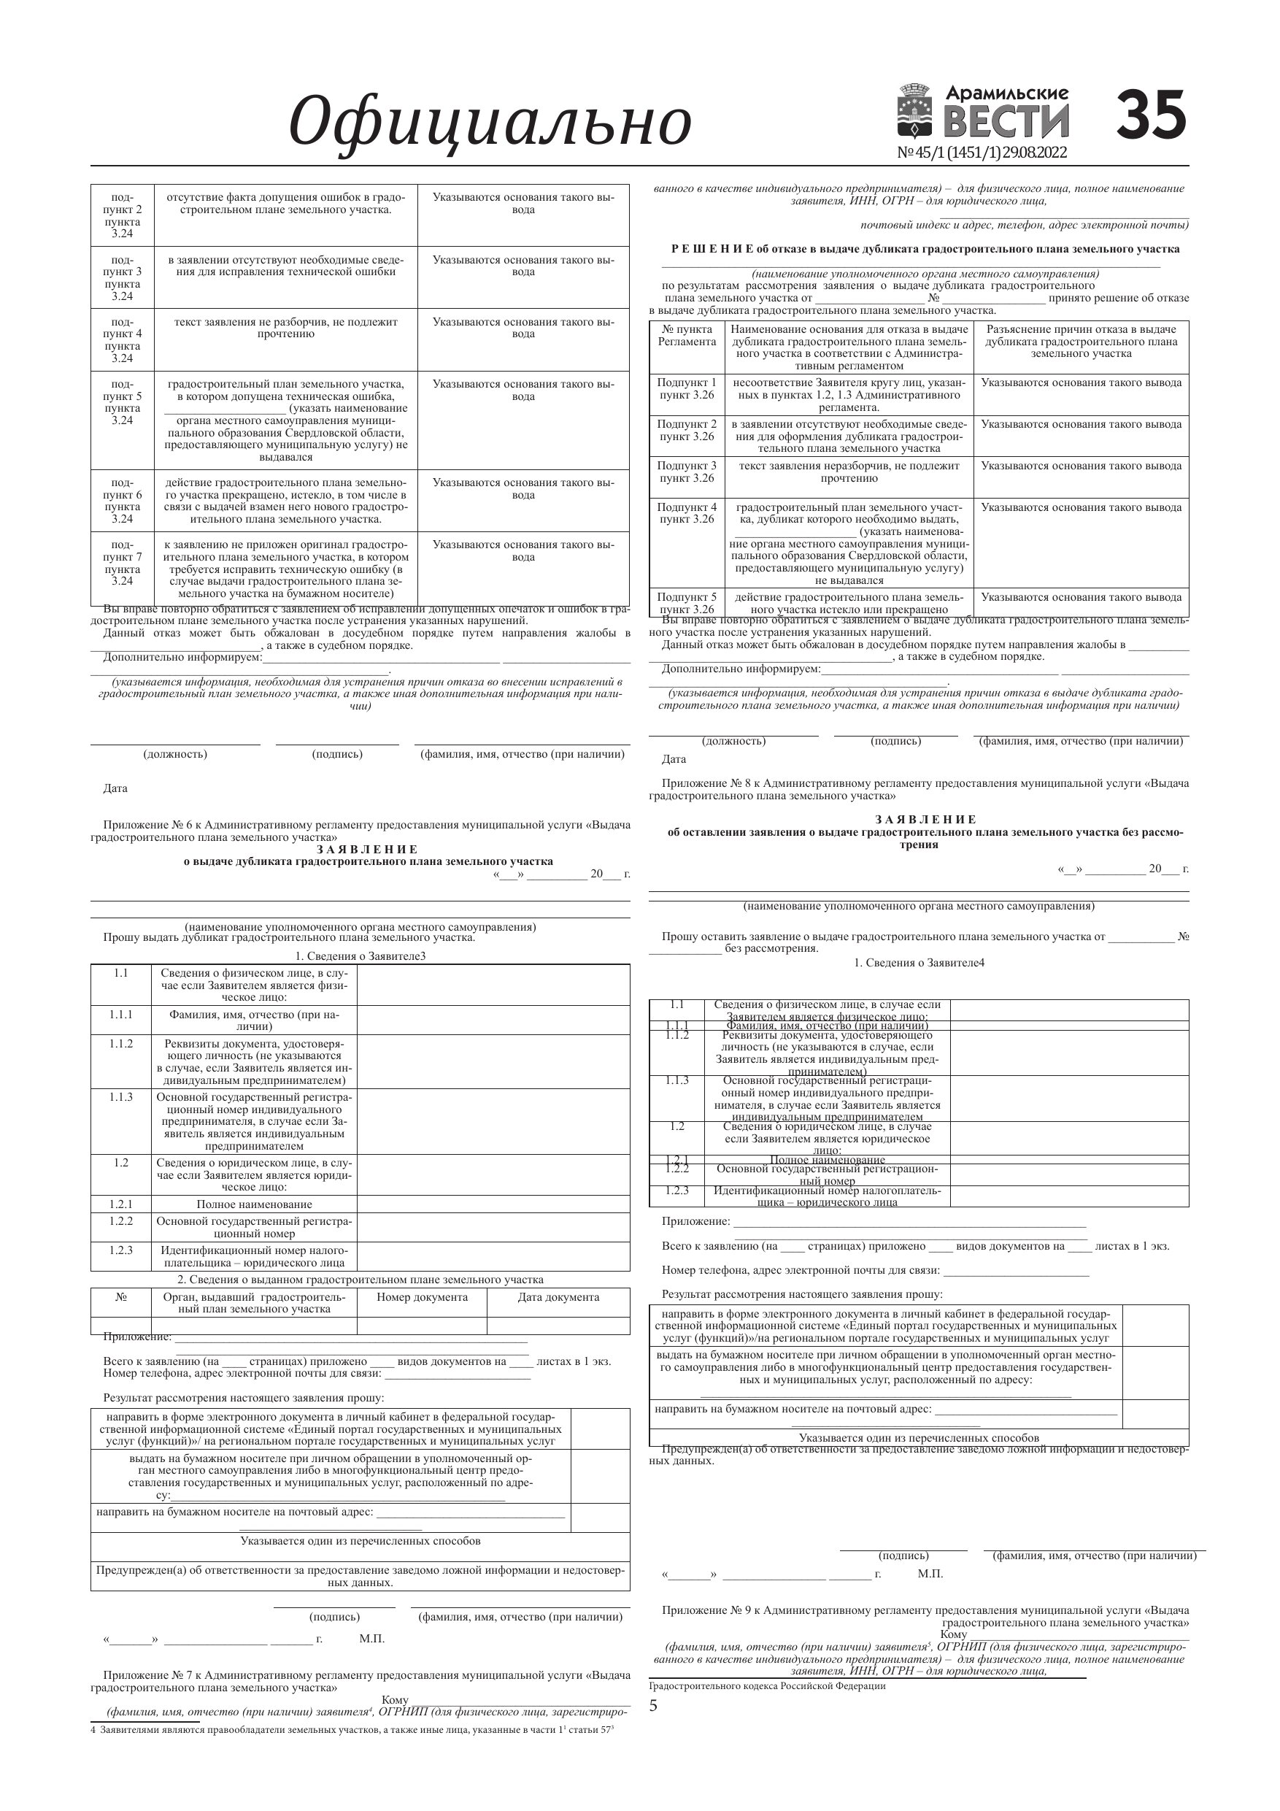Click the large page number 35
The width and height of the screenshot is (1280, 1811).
tap(1151, 115)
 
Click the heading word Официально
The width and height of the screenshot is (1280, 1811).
tap(490, 121)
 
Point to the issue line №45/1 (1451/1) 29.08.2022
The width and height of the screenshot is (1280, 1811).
tap(982, 153)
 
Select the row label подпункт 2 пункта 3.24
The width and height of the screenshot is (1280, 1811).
tap(123, 215)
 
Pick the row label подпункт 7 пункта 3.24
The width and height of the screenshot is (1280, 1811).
tap(123, 564)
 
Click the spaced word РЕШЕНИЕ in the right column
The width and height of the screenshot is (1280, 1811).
tap(712, 249)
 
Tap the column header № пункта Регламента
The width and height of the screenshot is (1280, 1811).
tap(687, 335)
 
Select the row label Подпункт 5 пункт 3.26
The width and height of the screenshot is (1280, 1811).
tap(687, 604)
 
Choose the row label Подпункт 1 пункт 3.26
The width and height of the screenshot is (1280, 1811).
tap(687, 389)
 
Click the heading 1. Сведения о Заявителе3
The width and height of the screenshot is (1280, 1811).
tap(361, 957)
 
